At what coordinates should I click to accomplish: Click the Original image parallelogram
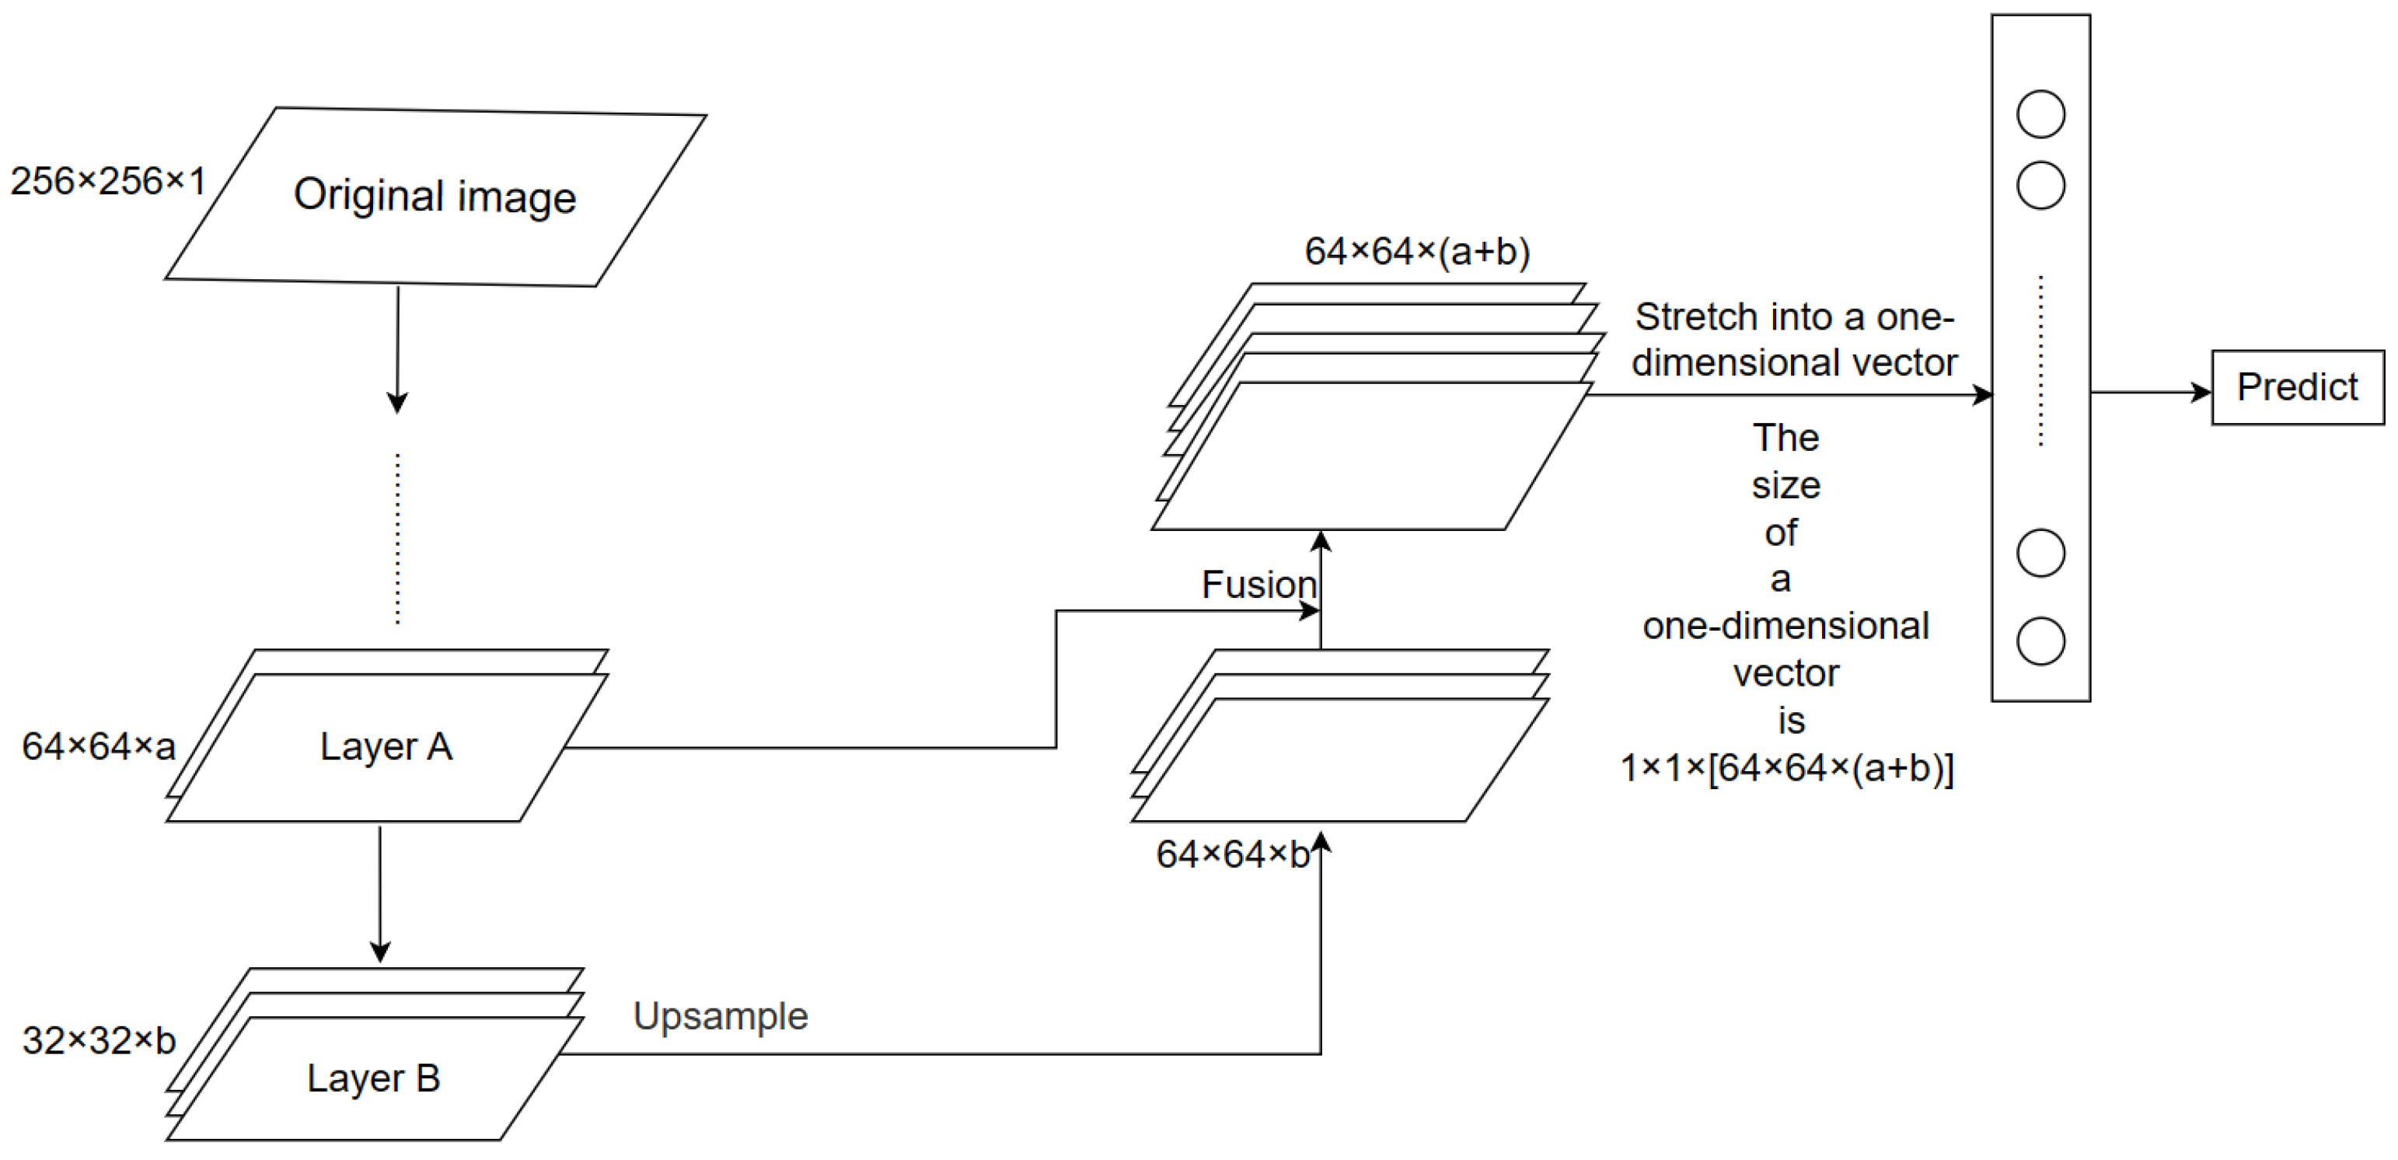pos(435,197)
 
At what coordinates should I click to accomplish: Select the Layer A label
pos(386,746)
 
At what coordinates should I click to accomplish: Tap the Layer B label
pos(373,1078)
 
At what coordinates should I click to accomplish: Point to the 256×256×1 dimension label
pos(108,180)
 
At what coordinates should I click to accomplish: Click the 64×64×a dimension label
pos(99,746)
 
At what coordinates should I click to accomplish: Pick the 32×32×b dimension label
pos(99,1041)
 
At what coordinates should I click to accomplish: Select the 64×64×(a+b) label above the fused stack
pos(1417,251)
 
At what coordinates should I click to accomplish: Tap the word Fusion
pos(1258,585)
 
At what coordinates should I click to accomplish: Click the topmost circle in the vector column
pos(2040,114)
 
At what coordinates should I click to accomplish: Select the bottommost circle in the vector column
pos(2040,641)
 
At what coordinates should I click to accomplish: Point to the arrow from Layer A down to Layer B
pos(380,894)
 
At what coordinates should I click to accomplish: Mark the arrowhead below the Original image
pos(397,403)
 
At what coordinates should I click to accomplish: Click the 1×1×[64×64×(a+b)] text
pos(1786,769)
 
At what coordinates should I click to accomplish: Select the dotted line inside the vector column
pos(2040,362)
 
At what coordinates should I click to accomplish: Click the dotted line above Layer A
pos(397,538)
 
